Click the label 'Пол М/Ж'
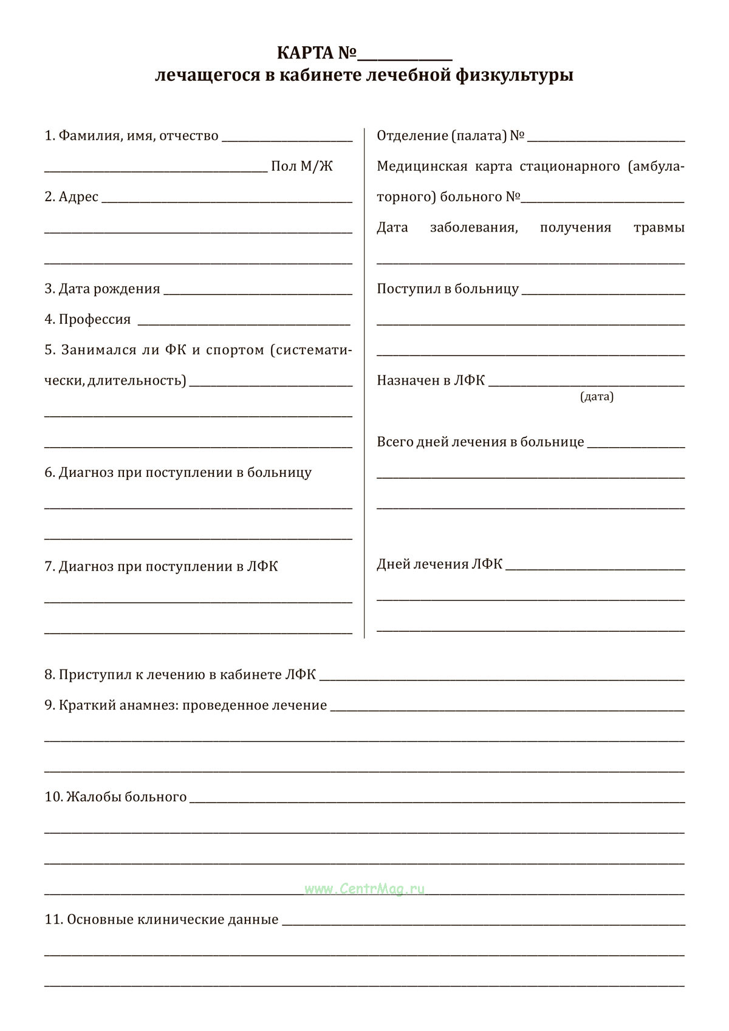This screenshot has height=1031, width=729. (302, 166)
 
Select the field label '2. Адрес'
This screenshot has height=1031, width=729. (71, 197)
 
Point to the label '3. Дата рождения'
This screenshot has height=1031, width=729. (102, 289)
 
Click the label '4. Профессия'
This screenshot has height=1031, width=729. (87, 320)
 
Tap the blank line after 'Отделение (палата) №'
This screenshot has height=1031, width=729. (606, 137)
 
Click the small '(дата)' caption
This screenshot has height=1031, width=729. (597, 397)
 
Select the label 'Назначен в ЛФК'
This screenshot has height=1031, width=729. (431, 380)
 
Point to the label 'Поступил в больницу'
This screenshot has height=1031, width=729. (448, 289)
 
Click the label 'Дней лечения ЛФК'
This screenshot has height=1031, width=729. (439, 564)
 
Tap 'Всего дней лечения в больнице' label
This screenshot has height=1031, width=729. (480, 442)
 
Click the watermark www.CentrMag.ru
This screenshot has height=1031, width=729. (364, 889)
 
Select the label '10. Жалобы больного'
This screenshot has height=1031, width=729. (115, 796)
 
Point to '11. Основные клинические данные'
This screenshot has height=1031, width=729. (161, 919)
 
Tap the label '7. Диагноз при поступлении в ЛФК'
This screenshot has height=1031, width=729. (161, 566)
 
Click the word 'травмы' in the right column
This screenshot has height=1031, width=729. (659, 228)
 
